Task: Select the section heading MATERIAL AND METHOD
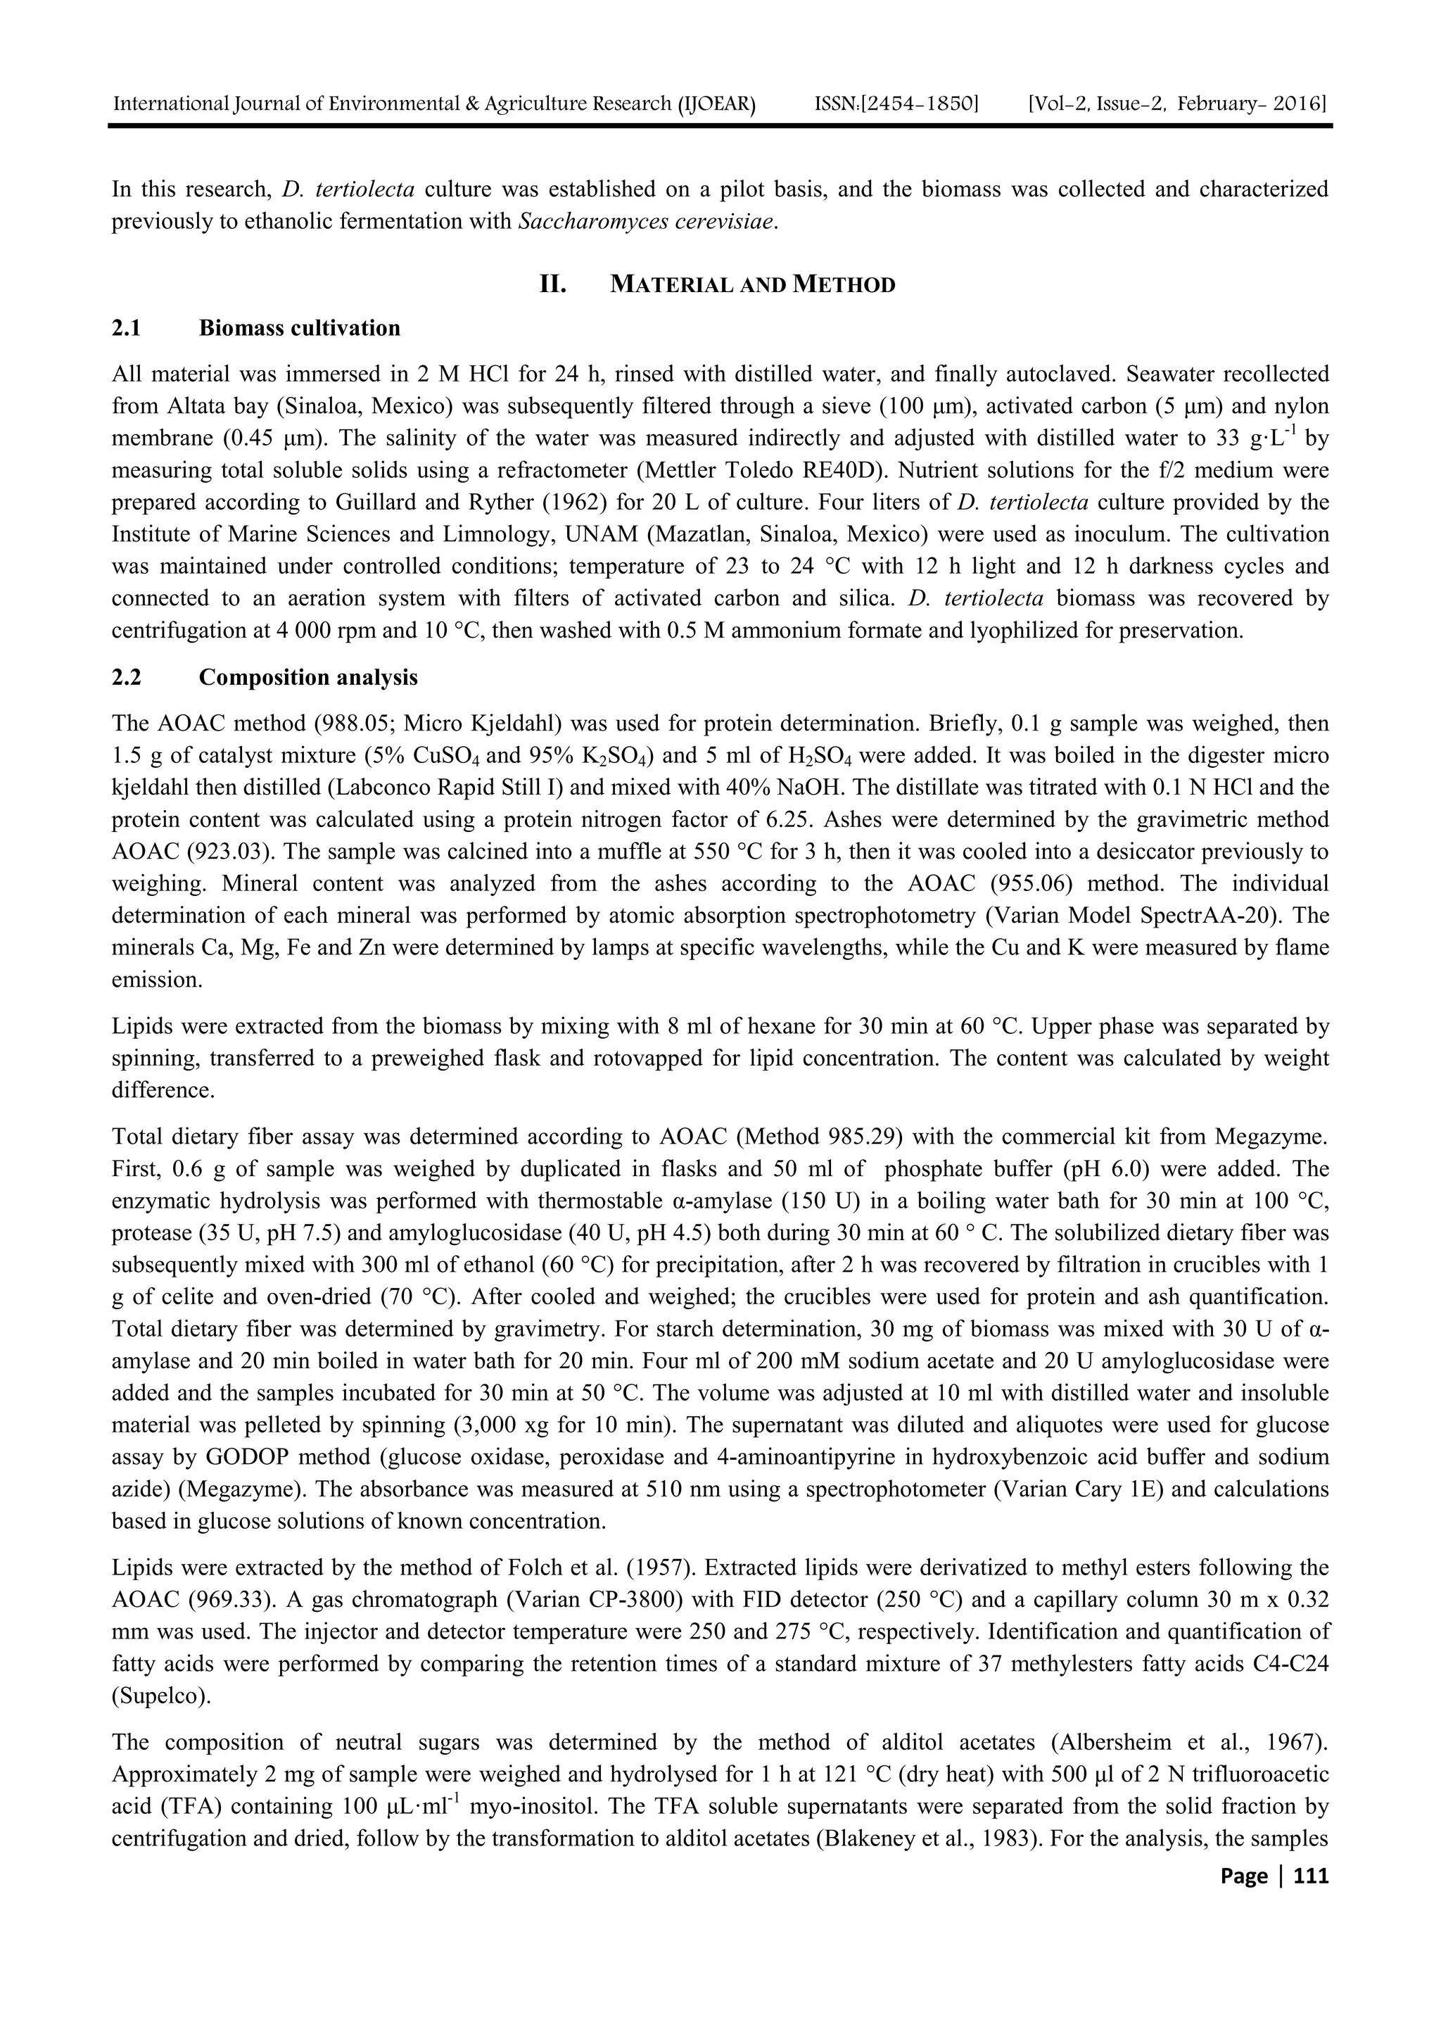[x=753, y=285]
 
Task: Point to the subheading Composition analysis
[x=308, y=678]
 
